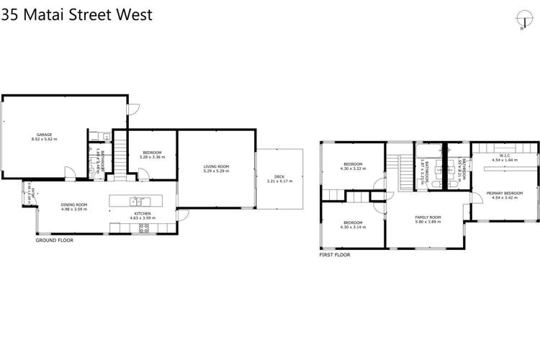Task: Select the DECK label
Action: point(279,176)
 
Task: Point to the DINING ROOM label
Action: point(73,205)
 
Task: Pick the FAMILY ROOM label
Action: point(427,217)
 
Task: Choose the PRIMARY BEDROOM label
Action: point(503,193)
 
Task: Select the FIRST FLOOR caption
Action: point(335,255)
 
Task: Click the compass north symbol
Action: point(522,19)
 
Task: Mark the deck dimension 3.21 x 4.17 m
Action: point(279,181)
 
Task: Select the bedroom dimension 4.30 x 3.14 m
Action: point(353,227)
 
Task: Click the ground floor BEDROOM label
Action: point(153,152)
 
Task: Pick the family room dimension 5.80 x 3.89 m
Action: point(427,222)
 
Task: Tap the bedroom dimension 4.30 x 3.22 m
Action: point(353,168)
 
